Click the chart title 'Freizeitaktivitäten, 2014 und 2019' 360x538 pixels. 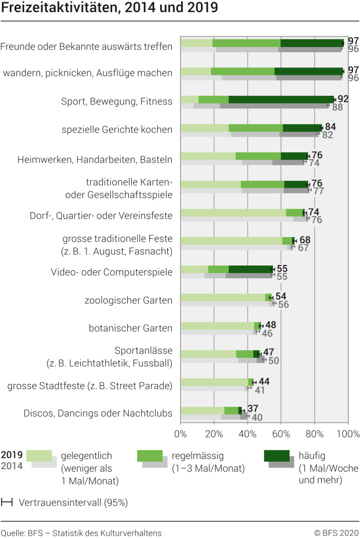point(110,8)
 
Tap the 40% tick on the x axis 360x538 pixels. point(248,434)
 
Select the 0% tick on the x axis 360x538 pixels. point(181,434)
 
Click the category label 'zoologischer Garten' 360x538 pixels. point(128,300)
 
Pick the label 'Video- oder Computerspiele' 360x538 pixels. point(111,272)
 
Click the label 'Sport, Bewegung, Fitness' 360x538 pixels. point(117,101)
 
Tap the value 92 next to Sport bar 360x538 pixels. point(343,99)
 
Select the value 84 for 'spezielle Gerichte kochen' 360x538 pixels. point(330,127)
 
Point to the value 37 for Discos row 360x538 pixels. point(253,409)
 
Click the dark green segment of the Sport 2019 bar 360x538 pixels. point(281,99)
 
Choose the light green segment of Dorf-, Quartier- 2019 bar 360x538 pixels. point(233,213)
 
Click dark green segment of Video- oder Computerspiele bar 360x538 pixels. point(250,269)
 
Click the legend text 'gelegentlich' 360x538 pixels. point(87,455)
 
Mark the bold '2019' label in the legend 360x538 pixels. point(12,455)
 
